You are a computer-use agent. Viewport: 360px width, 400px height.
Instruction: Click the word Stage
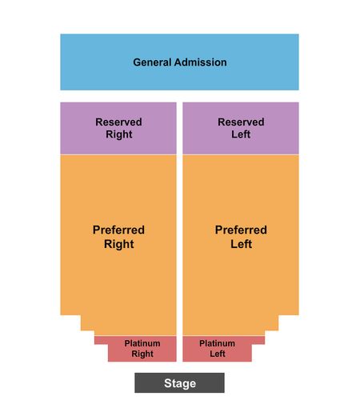point(180,383)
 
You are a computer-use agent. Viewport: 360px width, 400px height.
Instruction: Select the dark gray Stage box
point(179,382)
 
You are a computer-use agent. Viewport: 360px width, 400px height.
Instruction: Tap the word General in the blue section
point(152,62)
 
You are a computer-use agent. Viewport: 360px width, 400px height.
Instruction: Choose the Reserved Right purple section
point(118,128)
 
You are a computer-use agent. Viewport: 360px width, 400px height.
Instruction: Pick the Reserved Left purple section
point(241,128)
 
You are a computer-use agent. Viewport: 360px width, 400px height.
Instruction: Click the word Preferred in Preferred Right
point(118,230)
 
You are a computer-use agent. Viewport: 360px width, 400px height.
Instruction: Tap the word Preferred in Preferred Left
point(241,230)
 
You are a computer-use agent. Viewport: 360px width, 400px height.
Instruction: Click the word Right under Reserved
point(119,134)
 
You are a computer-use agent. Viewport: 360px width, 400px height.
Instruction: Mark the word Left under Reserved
point(241,134)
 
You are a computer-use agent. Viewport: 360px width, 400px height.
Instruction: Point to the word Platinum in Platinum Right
point(142,343)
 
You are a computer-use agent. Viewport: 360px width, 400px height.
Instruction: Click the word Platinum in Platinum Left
point(217,343)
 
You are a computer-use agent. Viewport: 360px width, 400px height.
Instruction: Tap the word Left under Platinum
point(218,354)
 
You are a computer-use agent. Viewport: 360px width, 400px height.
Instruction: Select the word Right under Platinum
point(142,354)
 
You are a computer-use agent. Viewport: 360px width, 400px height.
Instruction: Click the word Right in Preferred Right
point(119,244)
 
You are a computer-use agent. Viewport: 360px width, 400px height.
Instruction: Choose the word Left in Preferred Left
point(241,244)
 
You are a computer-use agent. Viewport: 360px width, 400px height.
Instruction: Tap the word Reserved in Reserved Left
point(241,122)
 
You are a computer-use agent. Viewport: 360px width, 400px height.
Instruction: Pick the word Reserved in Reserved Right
point(118,122)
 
